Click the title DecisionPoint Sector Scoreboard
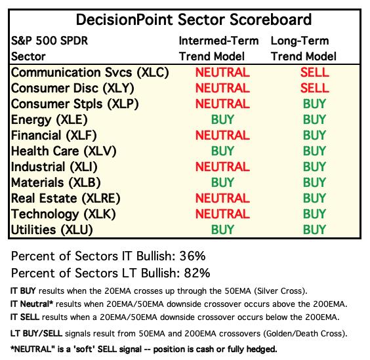pos(194,20)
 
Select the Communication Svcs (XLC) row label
pos(90,72)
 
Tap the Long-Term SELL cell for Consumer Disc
pos(314,88)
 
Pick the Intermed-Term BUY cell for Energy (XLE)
pos(222,119)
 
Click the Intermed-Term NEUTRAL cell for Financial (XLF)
pos(222,135)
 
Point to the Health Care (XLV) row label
pos(64,151)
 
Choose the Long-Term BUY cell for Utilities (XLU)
pos(314,230)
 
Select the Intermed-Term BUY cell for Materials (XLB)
pos(222,182)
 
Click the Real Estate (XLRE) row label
pos(66,198)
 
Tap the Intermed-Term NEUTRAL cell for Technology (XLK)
pos(222,214)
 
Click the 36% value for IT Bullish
pos(193,256)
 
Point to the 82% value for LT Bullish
pos(197,273)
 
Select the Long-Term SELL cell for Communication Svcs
pos(314,72)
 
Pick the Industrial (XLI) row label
pos(54,167)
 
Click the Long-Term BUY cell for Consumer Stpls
pos(314,104)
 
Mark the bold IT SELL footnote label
pos(25,317)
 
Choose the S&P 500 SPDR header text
pos(49,41)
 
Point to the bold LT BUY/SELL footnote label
pos(36,334)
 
